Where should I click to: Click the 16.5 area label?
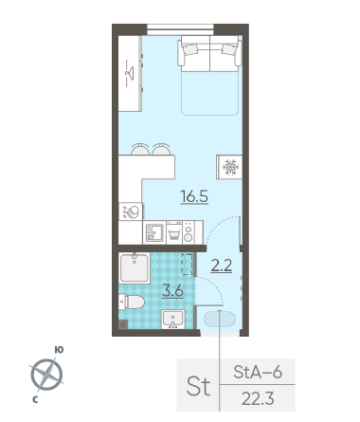[x=194, y=196]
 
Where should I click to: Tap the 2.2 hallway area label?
[x=222, y=266]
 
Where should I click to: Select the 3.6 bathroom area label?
[x=172, y=291]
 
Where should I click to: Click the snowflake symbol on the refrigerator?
[x=230, y=167]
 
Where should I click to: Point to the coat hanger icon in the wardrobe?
[x=130, y=73]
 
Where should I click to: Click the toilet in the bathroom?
[x=132, y=302]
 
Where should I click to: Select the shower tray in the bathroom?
[x=135, y=267]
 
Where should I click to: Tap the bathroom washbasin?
[x=172, y=319]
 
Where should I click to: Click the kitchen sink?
[x=154, y=232]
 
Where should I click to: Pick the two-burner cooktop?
[x=189, y=232]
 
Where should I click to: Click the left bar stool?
[x=140, y=149]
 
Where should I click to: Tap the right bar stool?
[x=161, y=149]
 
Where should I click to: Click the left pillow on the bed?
[x=190, y=49]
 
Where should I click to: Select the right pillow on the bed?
[x=229, y=49]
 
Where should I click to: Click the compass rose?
[x=46, y=375]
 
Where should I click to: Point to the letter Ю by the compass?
[x=59, y=349]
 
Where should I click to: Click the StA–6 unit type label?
[x=258, y=372]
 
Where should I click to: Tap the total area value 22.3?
[x=258, y=398]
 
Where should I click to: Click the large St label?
[x=198, y=386]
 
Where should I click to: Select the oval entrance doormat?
[x=220, y=319]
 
